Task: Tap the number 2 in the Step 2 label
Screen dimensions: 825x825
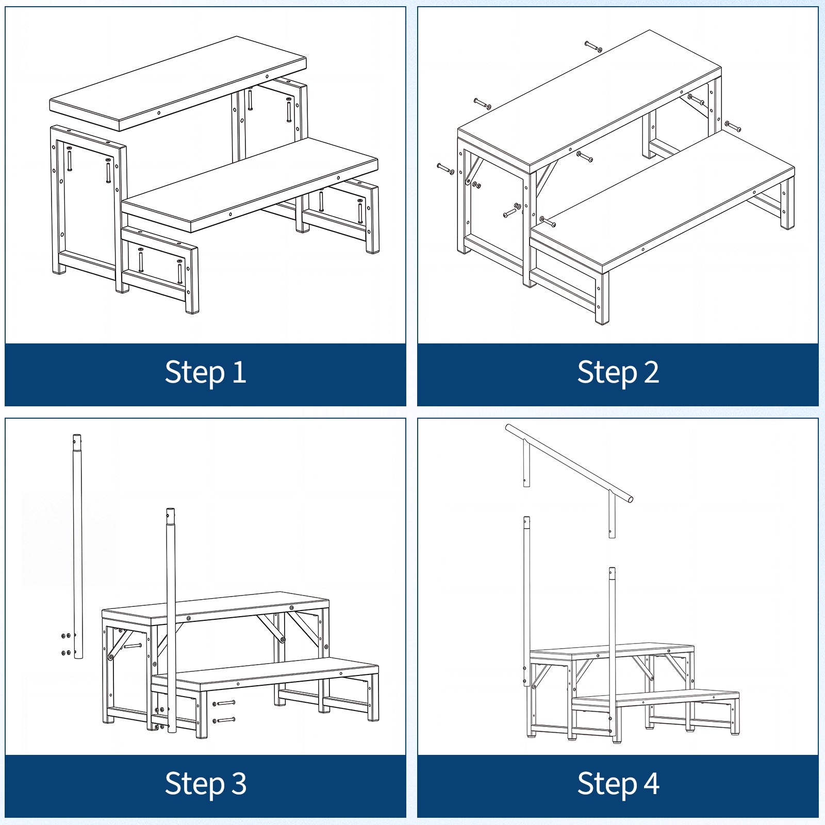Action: [651, 372]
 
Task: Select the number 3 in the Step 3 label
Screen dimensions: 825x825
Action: [239, 784]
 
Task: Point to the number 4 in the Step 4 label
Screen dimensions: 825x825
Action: [651, 784]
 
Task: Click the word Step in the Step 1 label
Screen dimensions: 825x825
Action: [195, 373]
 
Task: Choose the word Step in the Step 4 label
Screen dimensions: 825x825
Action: [607, 784]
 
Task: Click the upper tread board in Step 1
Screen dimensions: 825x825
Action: [178, 82]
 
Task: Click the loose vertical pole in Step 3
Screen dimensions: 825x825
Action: [78, 547]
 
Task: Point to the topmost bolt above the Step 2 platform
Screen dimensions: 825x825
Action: [593, 47]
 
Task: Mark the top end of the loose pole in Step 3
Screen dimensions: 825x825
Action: [77, 436]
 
